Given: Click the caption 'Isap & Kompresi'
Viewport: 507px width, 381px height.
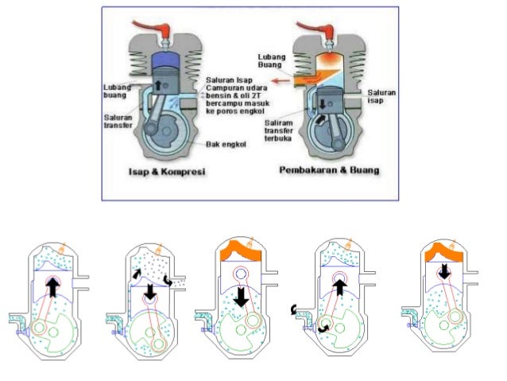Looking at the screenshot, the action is coord(167,171).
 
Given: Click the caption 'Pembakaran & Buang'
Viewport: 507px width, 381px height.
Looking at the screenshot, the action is coord(329,170).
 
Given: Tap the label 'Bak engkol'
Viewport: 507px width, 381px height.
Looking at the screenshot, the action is coord(226,144).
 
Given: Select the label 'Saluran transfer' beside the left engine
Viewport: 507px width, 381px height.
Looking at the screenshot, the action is coord(118,121).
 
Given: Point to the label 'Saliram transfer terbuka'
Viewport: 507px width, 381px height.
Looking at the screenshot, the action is coord(278,130).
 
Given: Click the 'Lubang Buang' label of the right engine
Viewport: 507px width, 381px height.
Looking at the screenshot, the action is coord(272,61).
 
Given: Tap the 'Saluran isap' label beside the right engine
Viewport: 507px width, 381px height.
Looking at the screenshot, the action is coord(381,96).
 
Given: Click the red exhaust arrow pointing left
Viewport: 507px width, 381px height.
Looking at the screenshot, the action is coord(281,80).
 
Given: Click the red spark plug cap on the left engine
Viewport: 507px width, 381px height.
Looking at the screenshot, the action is coord(152,27).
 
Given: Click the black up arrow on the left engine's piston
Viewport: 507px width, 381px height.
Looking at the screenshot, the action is coord(158,85).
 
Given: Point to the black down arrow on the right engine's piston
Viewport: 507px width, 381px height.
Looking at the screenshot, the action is coord(323,104).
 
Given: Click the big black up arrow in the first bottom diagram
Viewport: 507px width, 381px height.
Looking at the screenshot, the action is coord(52,287).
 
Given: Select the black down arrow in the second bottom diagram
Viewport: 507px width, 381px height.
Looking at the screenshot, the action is coord(149,292).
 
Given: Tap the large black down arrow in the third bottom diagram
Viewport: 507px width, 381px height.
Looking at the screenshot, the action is coord(241,296).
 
